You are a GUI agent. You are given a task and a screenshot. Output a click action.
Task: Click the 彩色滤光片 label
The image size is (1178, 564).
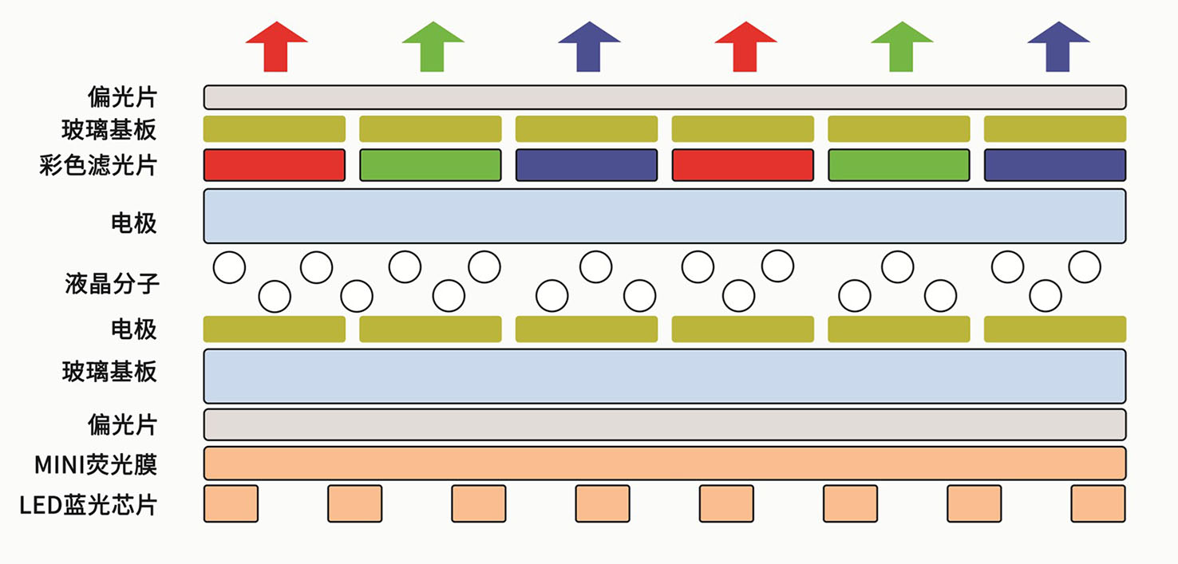[98, 166]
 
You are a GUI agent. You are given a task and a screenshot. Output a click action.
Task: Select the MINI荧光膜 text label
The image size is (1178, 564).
[96, 463]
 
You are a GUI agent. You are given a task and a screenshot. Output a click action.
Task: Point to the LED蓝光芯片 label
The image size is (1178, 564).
[89, 504]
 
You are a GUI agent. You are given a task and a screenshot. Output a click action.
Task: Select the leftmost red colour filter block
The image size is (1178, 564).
[275, 165]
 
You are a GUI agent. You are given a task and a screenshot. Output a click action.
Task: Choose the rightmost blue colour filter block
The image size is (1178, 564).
[1055, 165]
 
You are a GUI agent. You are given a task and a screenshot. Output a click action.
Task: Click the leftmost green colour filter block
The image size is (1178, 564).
[431, 165]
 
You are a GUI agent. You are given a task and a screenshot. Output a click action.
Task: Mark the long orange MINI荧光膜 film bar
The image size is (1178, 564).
[665, 463]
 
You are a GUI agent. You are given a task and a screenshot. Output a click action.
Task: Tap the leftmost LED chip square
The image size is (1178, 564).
[231, 503]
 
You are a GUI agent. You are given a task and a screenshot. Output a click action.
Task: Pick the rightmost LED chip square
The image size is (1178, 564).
[1098, 503]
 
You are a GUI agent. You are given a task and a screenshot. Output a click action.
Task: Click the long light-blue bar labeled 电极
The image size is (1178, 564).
[665, 216]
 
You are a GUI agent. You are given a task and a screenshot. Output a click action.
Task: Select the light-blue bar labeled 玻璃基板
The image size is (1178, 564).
[665, 376]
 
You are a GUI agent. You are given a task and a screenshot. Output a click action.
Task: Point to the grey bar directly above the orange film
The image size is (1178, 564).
[665, 424]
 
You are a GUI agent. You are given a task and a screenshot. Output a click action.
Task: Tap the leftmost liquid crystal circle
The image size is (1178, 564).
[230, 267]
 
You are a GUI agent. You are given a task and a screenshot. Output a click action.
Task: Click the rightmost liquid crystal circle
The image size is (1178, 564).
[1085, 266]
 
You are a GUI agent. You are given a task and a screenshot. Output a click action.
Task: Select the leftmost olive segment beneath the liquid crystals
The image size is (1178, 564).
[275, 329]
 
